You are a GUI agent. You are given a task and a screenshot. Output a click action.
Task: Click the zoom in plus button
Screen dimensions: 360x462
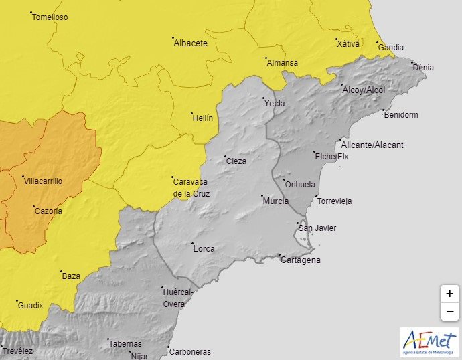pos(449,294)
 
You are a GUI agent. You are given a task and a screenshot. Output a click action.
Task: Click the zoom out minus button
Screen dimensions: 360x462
pos(449,312)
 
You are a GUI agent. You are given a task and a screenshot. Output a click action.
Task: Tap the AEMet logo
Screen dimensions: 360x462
pos(428,341)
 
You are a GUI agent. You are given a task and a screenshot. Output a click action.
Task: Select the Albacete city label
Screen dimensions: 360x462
pos(190,43)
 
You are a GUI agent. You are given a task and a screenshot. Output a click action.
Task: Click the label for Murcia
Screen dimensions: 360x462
pos(276,201)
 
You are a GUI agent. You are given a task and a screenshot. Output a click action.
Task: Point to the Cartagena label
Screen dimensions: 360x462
pos(301,260)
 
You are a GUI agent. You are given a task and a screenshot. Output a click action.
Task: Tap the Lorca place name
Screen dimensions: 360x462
pos(204,248)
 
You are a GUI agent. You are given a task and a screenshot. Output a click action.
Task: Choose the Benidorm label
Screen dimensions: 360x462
pos(401,115)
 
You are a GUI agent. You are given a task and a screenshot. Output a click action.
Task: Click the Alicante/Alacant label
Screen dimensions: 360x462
pos(372,145)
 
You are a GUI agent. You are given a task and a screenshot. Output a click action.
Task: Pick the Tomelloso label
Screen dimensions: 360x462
pos(50,17)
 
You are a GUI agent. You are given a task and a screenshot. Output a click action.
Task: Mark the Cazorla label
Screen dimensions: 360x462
pos(48,211)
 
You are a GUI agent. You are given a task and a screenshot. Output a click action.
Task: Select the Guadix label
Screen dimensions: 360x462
pos(30,305)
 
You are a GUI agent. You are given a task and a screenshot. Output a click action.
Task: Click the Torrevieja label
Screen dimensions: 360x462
pos(335,201)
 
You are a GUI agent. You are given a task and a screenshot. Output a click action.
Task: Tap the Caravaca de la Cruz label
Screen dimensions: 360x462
pos(191,187)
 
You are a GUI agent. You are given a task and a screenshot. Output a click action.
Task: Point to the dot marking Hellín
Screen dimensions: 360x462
pos(191,113)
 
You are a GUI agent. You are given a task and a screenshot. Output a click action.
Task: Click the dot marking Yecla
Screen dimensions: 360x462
pos(263,99)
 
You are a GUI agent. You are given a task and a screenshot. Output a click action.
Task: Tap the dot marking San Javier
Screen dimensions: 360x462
pos(297,223)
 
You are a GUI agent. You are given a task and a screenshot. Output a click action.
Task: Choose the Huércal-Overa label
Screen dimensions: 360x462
pos(177,298)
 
